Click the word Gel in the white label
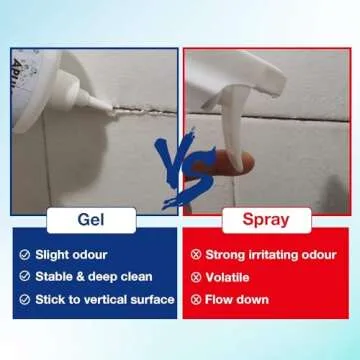coord(91,220)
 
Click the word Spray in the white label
coord(266,220)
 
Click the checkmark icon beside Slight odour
coord(25,255)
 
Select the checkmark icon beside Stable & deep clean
coord(25,276)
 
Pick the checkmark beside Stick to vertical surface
coord(25,299)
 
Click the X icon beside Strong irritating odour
coord(196,255)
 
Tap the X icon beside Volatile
coord(196,277)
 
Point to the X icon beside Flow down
coord(196,299)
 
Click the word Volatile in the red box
coord(227,277)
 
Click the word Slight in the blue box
coord(51,255)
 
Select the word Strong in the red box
coord(225,255)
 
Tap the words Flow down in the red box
coord(237,299)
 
